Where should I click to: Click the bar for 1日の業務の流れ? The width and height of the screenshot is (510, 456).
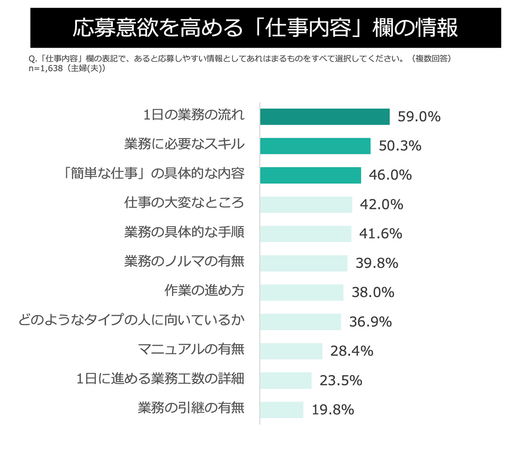tap(325, 117)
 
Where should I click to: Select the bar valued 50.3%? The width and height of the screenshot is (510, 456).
tap(315, 146)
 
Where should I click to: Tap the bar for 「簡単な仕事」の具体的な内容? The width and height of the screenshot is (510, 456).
tap(310, 175)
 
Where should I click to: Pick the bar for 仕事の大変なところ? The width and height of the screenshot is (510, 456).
tap(306, 205)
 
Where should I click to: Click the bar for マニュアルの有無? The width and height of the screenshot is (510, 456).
tap(291, 351)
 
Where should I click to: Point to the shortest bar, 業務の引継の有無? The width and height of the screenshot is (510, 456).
tap(282, 410)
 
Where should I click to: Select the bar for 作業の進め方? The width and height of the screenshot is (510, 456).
tap(301, 293)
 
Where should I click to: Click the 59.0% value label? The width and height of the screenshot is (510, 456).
tap(419, 117)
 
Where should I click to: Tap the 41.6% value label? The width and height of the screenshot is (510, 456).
tap(380, 234)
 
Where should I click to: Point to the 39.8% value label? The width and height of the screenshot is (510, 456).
tap(377, 263)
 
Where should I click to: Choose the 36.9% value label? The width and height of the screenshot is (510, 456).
tap(370, 322)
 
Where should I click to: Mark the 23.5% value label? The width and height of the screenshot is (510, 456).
tap(341, 380)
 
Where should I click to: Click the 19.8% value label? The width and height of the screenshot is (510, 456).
tap(333, 410)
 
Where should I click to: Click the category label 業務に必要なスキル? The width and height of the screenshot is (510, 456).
tap(184, 144)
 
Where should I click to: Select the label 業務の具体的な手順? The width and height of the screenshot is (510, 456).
tap(184, 232)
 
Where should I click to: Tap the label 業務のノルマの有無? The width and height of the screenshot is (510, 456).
tap(184, 262)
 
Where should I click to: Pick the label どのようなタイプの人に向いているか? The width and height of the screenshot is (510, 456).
tap(131, 320)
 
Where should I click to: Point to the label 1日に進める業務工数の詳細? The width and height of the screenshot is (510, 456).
tap(160, 379)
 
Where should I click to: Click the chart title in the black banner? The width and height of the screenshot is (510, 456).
tap(265, 28)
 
